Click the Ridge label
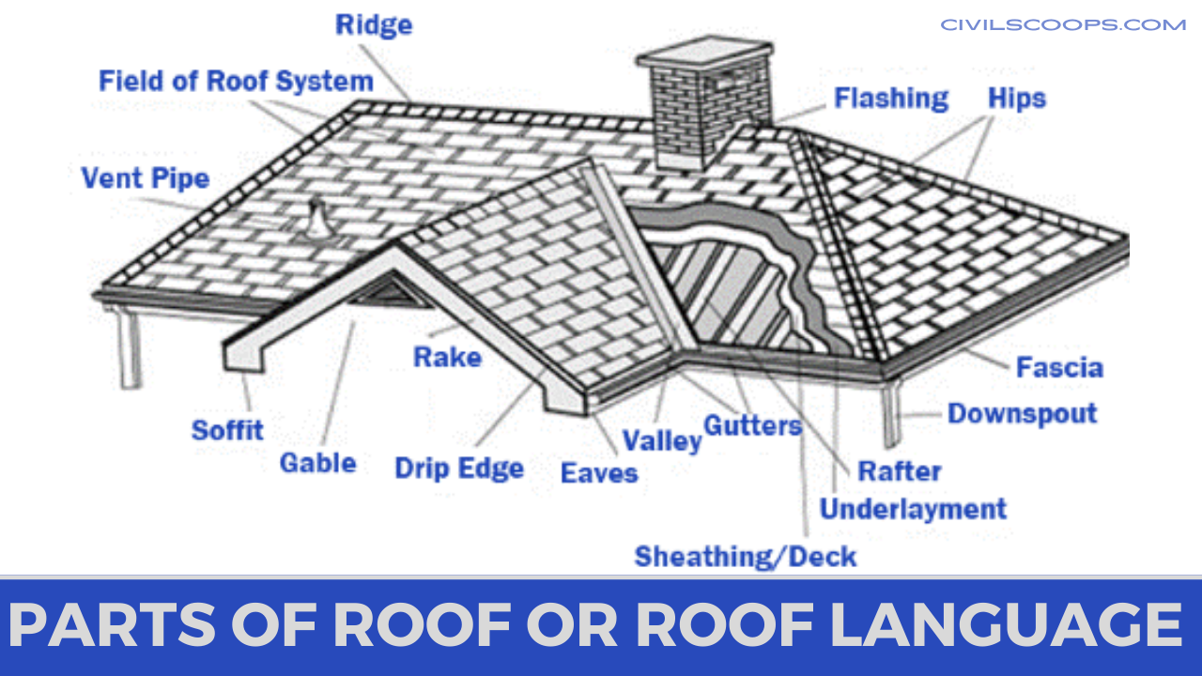click(x=374, y=25)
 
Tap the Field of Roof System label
click(x=236, y=82)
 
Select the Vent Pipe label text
click(x=145, y=178)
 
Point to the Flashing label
click(x=891, y=100)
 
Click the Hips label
click(x=1017, y=100)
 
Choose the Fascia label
click(x=1060, y=367)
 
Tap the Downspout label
click(x=1023, y=414)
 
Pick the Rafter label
click(x=900, y=471)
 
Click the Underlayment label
click(x=914, y=509)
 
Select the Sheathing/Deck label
click(x=746, y=557)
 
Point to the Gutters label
click(x=752, y=426)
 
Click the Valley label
click(x=662, y=441)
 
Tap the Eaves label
click(x=599, y=473)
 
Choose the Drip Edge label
click(x=459, y=469)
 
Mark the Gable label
click(x=317, y=463)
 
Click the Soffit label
click(x=227, y=430)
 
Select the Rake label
click(x=448, y=358)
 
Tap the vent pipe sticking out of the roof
click(x=319, y=220)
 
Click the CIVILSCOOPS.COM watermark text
click(x=1063, y=25)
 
